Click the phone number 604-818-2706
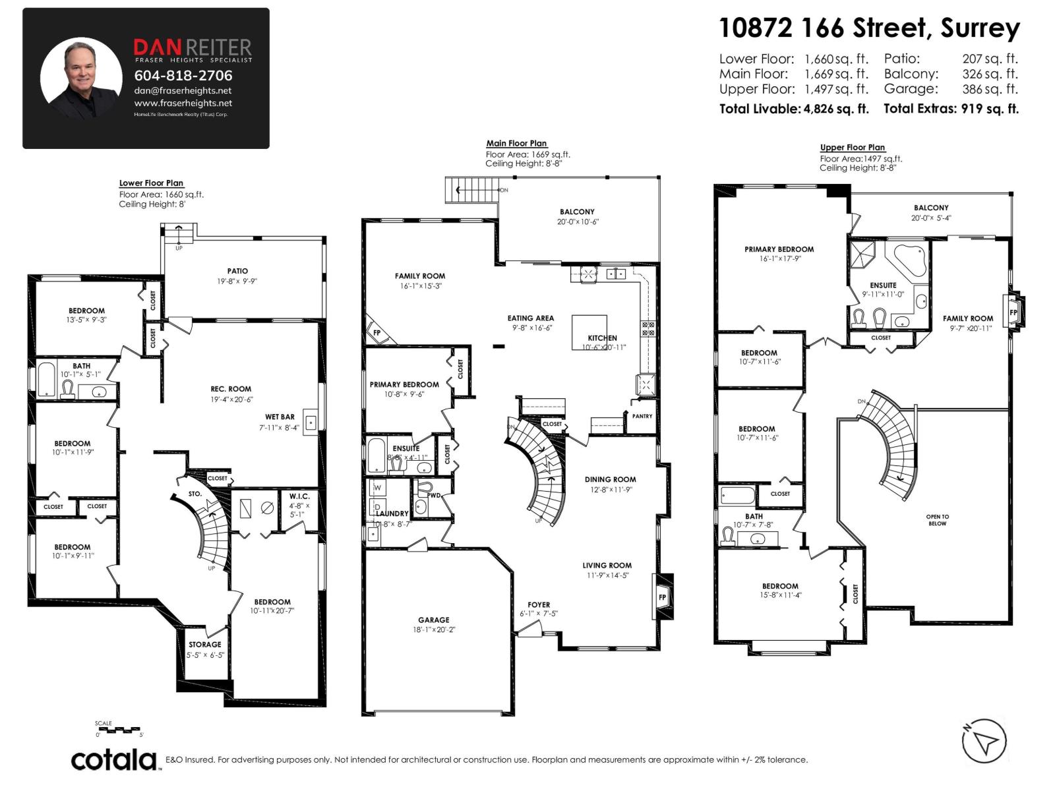183,76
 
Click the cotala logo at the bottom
113,759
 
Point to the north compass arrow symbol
984,740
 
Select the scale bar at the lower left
119,729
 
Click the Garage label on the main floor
433,620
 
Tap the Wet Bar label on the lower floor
280,417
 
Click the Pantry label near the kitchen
642,417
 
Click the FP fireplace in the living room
663,597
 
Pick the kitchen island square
588,331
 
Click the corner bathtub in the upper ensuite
909,260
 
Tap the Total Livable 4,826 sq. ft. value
793,109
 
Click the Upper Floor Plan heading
852,148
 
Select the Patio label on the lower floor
237,271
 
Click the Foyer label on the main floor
539,605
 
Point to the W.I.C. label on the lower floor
299,496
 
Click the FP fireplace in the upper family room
1013,312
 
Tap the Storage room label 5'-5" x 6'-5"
205,645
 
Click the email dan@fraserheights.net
183,91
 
